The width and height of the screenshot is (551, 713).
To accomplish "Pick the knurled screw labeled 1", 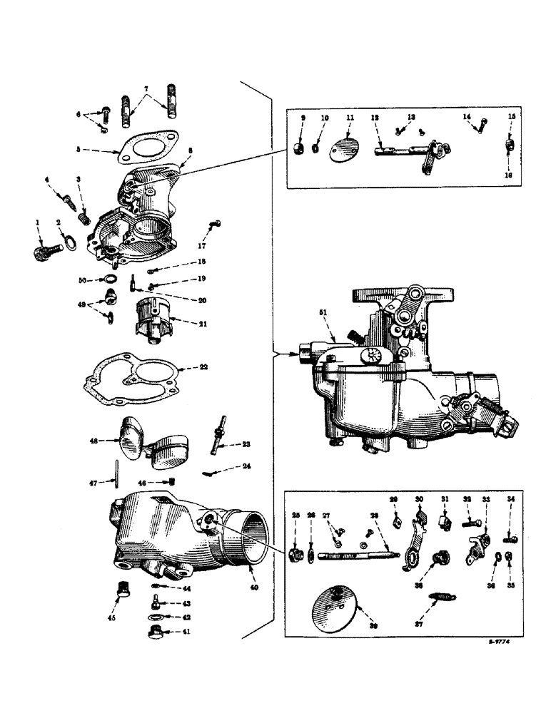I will pos(46,250).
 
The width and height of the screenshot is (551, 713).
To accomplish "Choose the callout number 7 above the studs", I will pos(147,90).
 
